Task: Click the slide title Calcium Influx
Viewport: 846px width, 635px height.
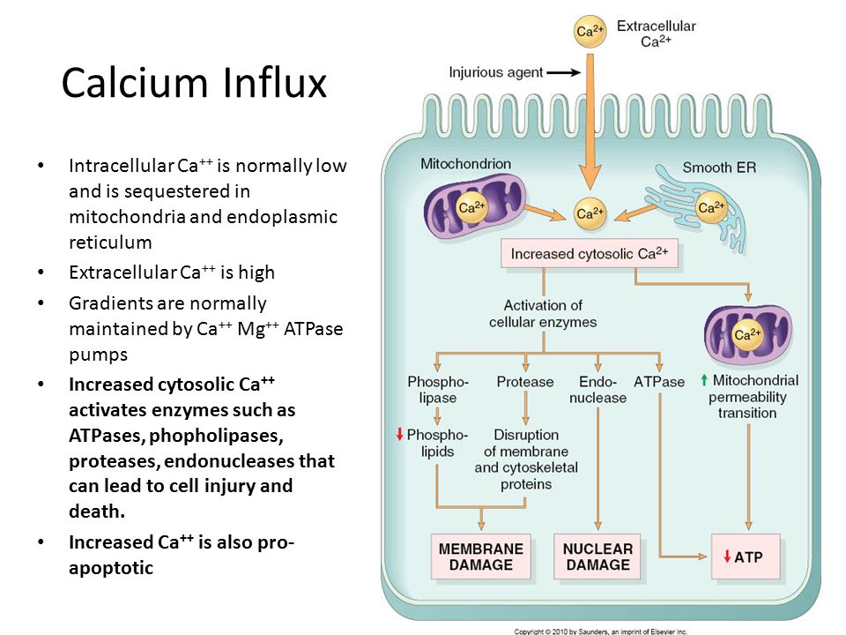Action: point(194,83)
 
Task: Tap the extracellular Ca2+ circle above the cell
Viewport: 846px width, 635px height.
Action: point(590,32)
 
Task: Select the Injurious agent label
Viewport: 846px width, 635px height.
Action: point(496,72)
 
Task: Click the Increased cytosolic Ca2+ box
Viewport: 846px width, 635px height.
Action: point(590,254)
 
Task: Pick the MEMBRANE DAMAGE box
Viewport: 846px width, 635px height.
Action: point(481,557)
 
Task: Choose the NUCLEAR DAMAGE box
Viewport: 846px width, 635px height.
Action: point(597,557)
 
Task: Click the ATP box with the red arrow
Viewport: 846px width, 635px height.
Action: point(746,557)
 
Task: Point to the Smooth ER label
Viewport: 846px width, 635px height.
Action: point(719,168)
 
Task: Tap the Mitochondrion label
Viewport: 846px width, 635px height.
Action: point(465,164)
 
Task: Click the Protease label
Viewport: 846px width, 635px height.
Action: point(525,382)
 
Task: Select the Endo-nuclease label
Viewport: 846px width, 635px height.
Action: point(597,390)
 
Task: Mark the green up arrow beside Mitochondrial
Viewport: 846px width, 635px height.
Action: point(703,380)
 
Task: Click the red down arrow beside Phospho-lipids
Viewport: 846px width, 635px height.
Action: point(400,434)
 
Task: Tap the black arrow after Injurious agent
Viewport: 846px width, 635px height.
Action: point(564,72)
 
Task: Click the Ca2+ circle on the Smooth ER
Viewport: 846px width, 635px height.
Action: point(711,208)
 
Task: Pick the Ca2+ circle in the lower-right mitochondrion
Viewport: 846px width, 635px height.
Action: point(747,335)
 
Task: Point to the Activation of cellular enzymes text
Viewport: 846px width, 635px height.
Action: point(543,314)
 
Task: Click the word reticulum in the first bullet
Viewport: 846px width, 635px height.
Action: point(111,243)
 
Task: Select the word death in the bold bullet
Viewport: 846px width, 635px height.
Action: point(97,511)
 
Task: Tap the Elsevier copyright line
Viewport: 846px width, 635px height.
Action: point(600,631)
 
